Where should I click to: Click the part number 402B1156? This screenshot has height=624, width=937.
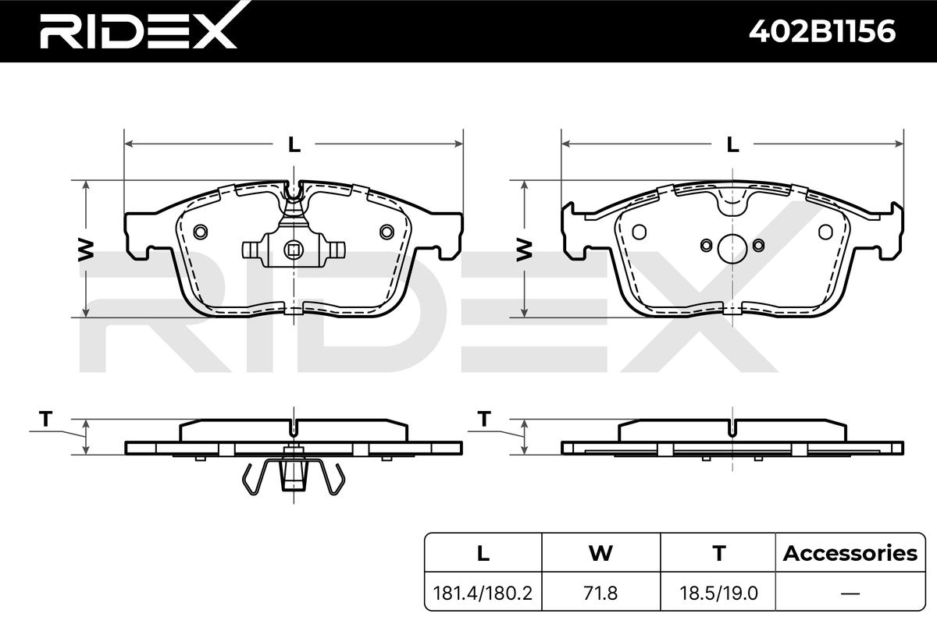click(822, 31)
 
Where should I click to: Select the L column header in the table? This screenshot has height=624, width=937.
click(483, 553)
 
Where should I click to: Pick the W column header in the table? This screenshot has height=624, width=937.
click(600, 553)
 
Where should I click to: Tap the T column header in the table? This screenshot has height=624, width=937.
click(718, 553)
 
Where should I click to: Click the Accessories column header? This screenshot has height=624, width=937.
click(850, 553)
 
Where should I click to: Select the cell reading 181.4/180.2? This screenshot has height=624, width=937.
click(483, 594)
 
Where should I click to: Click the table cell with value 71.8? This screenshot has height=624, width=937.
click(600, 594)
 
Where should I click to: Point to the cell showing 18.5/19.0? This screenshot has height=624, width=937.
click(718, 594)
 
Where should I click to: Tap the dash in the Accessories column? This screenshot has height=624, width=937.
click(850, 594)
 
